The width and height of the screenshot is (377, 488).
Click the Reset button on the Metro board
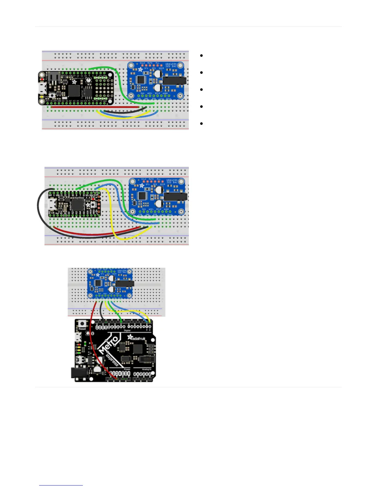coord(82,324)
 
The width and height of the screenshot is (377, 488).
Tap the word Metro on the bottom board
coord(108,345)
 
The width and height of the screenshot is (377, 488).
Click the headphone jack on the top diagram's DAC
coord(174,81)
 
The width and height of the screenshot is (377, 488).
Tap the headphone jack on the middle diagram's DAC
coord(176,197)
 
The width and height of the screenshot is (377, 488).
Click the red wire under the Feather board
coord(92,107)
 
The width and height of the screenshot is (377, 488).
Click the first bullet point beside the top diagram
coord(201,56)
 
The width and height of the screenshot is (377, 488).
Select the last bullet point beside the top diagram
coord(201,124)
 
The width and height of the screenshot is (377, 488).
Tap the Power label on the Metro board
coord(127,369)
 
